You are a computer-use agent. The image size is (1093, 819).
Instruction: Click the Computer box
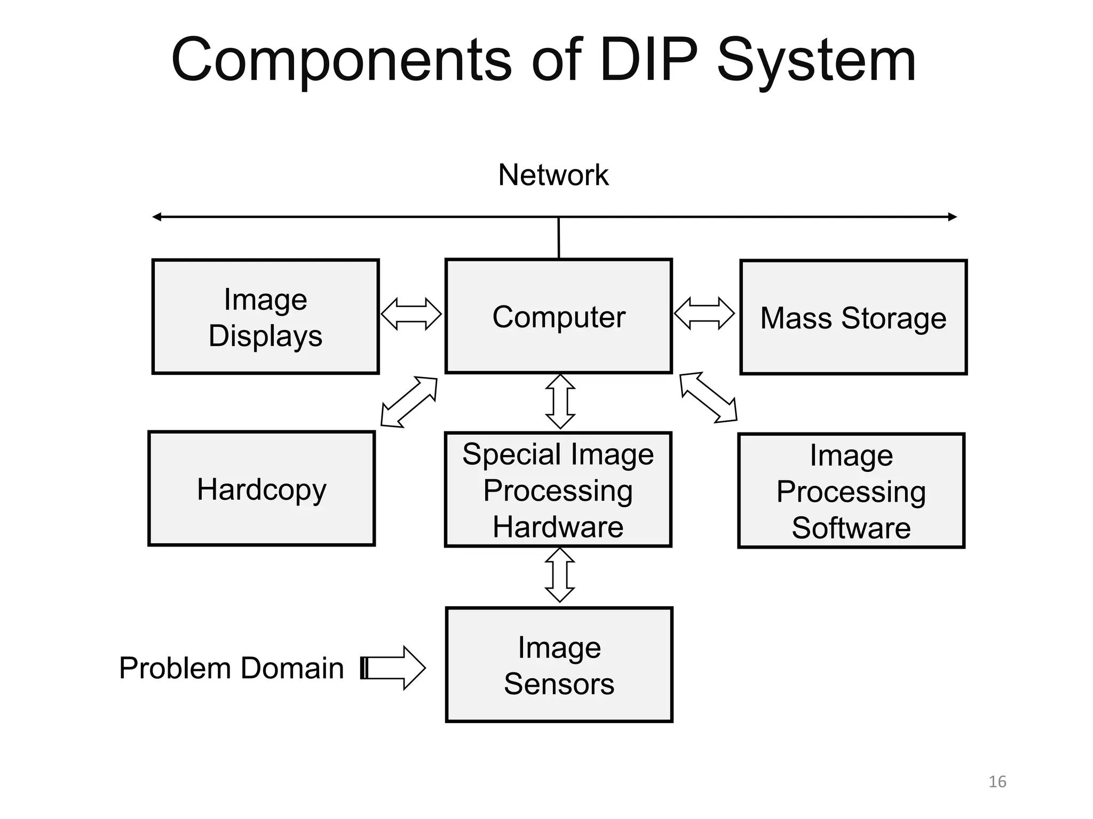[x=558, y=316]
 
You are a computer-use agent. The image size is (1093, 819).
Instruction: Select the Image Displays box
[x=265, y=317]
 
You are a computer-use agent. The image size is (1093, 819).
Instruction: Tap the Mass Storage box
[x=853, y=317]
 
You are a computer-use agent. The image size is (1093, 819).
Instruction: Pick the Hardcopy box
[x=262, y=488]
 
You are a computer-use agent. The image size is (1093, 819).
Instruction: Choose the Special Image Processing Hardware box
[x=558, y=489]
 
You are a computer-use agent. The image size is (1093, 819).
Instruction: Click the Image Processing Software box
[x=851, y=491]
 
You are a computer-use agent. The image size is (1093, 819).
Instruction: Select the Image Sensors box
[x=559, y=664]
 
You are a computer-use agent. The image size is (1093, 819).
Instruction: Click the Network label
[x=553, y=174]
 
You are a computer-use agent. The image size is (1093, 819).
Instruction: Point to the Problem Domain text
[x=231, y=668]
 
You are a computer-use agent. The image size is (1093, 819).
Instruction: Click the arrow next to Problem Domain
[x=394, y=668]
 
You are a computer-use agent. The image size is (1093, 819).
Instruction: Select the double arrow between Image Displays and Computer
[x=411, y=314]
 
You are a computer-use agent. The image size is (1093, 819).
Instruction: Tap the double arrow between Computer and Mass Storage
[x=704, y=314]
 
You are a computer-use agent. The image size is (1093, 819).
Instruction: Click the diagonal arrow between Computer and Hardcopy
[x=409, y=402]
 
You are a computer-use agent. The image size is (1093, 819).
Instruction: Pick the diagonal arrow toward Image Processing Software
[x=708, y=398]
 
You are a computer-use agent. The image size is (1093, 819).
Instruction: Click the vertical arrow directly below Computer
[x=560, y=402]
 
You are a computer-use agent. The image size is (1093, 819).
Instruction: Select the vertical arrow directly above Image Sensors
[x=559, y=575]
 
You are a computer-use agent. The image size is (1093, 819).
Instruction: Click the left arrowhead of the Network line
[x=156, y=216]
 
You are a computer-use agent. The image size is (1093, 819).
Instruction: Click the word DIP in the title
[x=648, y=60]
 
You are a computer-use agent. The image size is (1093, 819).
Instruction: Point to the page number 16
[x=997, y=782]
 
